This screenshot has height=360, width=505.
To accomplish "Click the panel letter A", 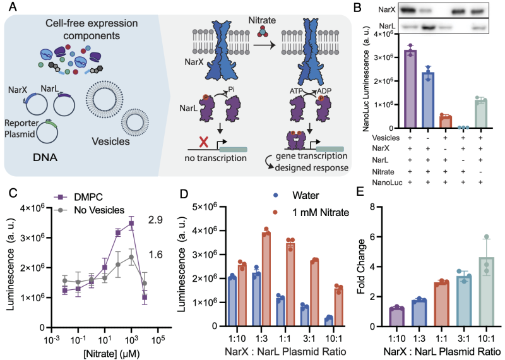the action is tap(13, 6).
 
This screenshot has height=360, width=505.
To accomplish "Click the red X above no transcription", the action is tap(203, 141).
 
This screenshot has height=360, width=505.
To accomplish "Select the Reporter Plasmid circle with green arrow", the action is tap(47, 132).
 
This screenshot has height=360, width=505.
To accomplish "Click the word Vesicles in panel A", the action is tap(110, 141).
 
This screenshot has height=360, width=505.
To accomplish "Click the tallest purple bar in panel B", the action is tap(410, 89).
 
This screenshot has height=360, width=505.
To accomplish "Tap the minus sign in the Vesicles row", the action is tap(428, 138).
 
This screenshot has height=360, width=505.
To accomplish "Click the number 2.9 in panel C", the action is tap(155, 220).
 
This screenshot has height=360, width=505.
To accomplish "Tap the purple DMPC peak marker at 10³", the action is tap(131, 223).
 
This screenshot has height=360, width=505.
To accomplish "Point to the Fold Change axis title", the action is tap(361, 267).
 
